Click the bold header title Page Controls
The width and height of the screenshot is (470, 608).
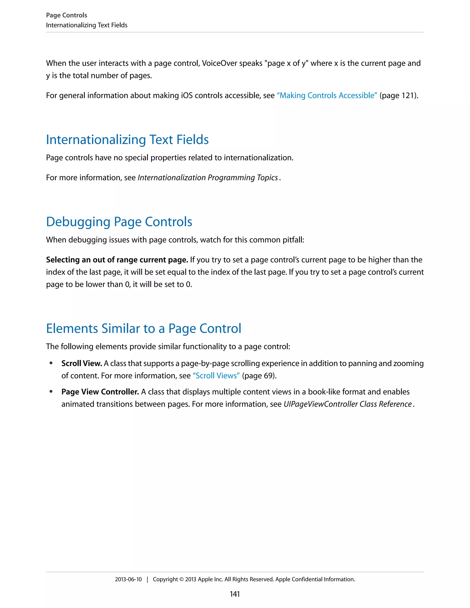tap(66, 15)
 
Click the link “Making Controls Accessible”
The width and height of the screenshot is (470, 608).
tap(327, 95)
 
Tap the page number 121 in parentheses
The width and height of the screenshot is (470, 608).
tap(408, 95)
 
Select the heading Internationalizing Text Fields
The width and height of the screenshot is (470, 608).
tap(127, 139)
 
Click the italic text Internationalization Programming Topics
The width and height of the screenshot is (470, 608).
tap(208, 178)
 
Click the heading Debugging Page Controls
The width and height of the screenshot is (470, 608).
tap(119, 222)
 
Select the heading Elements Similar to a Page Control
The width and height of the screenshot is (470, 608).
tap(143, 329)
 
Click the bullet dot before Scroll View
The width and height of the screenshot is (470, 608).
tap(51, 363)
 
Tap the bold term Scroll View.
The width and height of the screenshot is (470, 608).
tap(81, 363)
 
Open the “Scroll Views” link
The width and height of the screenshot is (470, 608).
tap(216, 376)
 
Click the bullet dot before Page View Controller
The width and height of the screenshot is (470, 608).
tap(51, 392)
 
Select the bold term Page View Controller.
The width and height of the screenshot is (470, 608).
tap(100, 392)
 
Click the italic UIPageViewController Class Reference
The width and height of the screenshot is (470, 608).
tap(347, 404)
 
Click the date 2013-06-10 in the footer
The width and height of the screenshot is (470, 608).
tap(128, 579)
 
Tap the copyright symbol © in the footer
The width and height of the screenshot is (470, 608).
tap(181, 579)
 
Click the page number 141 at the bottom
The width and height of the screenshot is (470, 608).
tap(235, 594)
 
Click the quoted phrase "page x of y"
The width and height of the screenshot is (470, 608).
tap(288, 64)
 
